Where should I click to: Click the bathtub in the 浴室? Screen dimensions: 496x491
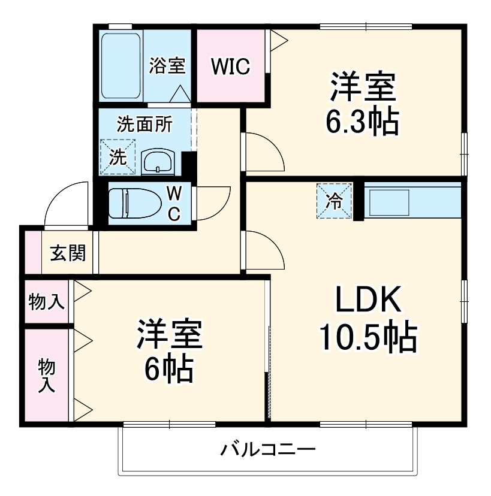tap(122, 65)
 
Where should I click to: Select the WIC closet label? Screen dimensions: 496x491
tap(230, 66)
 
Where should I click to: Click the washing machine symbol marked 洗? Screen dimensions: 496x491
tap(118, 157)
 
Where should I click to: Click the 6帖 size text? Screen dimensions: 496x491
tap(169, 370)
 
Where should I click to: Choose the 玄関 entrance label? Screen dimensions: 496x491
tap(67, 253)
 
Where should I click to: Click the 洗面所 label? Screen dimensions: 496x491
tap(144, 125)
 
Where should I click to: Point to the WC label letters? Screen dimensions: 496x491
tap(173, 203)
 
